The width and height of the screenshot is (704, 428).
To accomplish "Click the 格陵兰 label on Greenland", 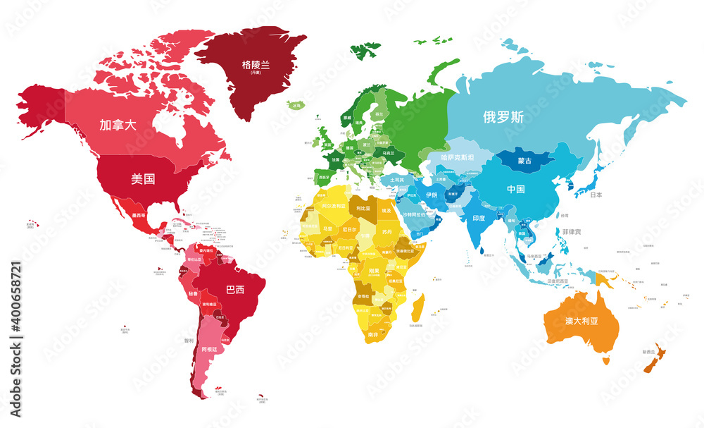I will pyautogui.click(x=256, y=64).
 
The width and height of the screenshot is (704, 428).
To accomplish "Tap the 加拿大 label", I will pyautogui.click(x=118, y=126).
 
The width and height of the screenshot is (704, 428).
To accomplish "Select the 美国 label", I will pyautogui.click(x=143, y=178).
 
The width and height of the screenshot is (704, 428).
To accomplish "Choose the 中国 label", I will pyautogui.click(x=516, y=189).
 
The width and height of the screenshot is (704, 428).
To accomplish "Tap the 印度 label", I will pyautogui.click(x=479, y=218).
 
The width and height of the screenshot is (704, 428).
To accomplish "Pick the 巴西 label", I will pyautogui.click(x=235, y=290).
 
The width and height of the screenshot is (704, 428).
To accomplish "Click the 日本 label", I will pyautogui.click(x=596, y=195).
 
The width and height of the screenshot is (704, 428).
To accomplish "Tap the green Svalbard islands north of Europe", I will pyautogui.click(x=365, y=49).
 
